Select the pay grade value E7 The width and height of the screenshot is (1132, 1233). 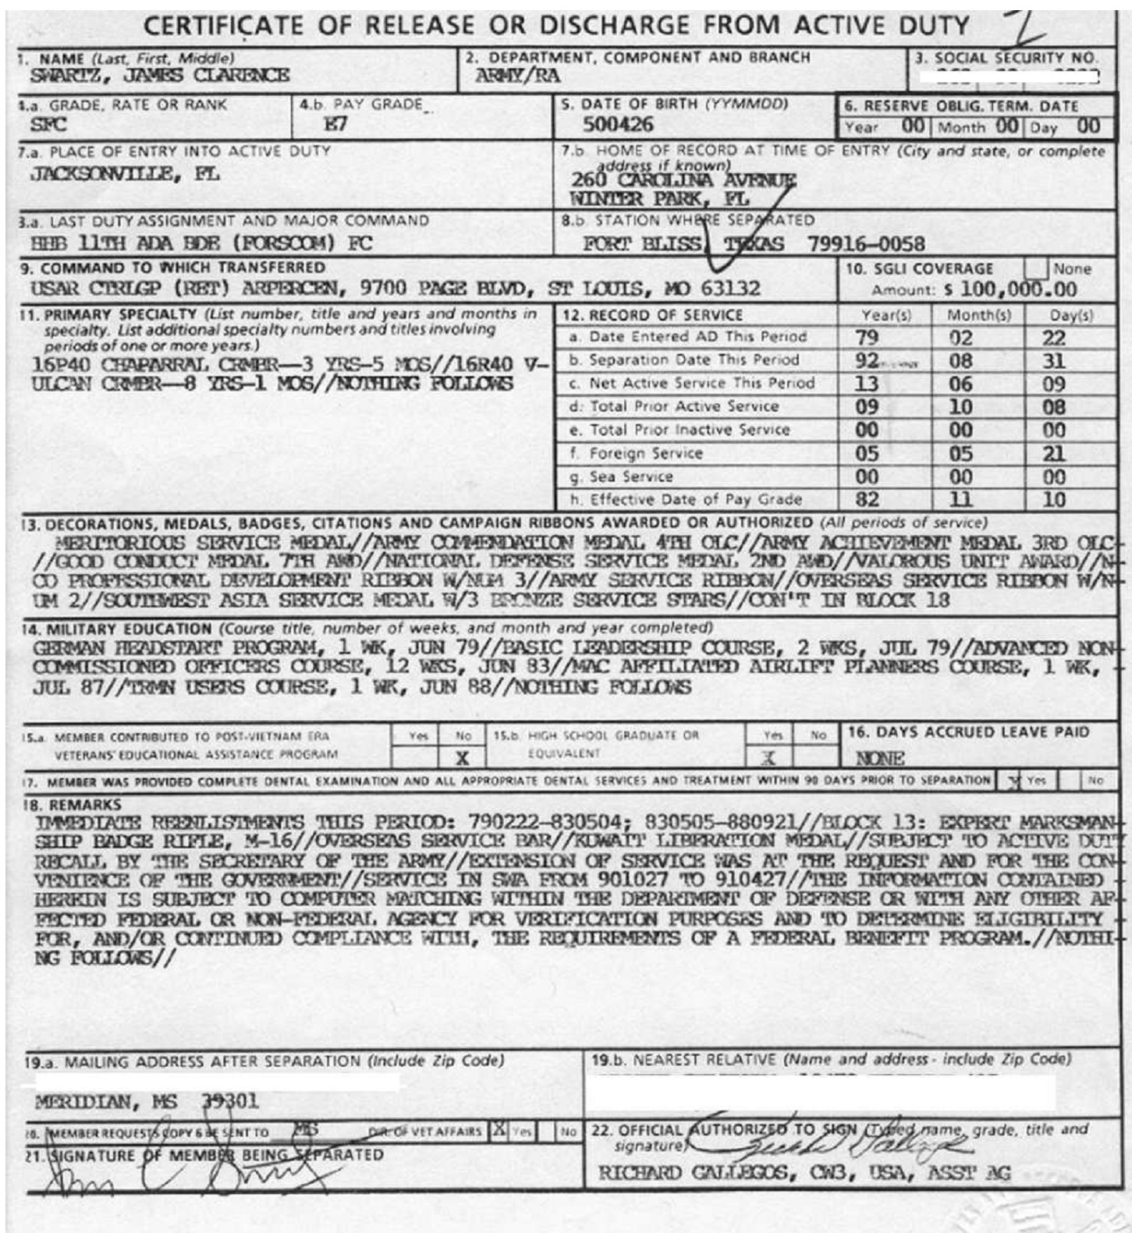click(335, 125)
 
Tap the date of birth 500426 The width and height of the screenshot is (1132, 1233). click(619, 125)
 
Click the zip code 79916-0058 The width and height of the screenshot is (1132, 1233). click(866, 244)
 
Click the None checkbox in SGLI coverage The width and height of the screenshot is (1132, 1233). click(1035, 268)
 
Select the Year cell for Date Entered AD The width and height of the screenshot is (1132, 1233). click(867, 338)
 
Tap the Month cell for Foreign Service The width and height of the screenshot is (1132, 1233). click(960, 454)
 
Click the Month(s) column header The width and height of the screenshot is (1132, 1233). click(978, 315)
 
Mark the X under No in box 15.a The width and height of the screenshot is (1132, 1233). click(462, 756)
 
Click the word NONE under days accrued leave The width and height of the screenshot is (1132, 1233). click(879, 758)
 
